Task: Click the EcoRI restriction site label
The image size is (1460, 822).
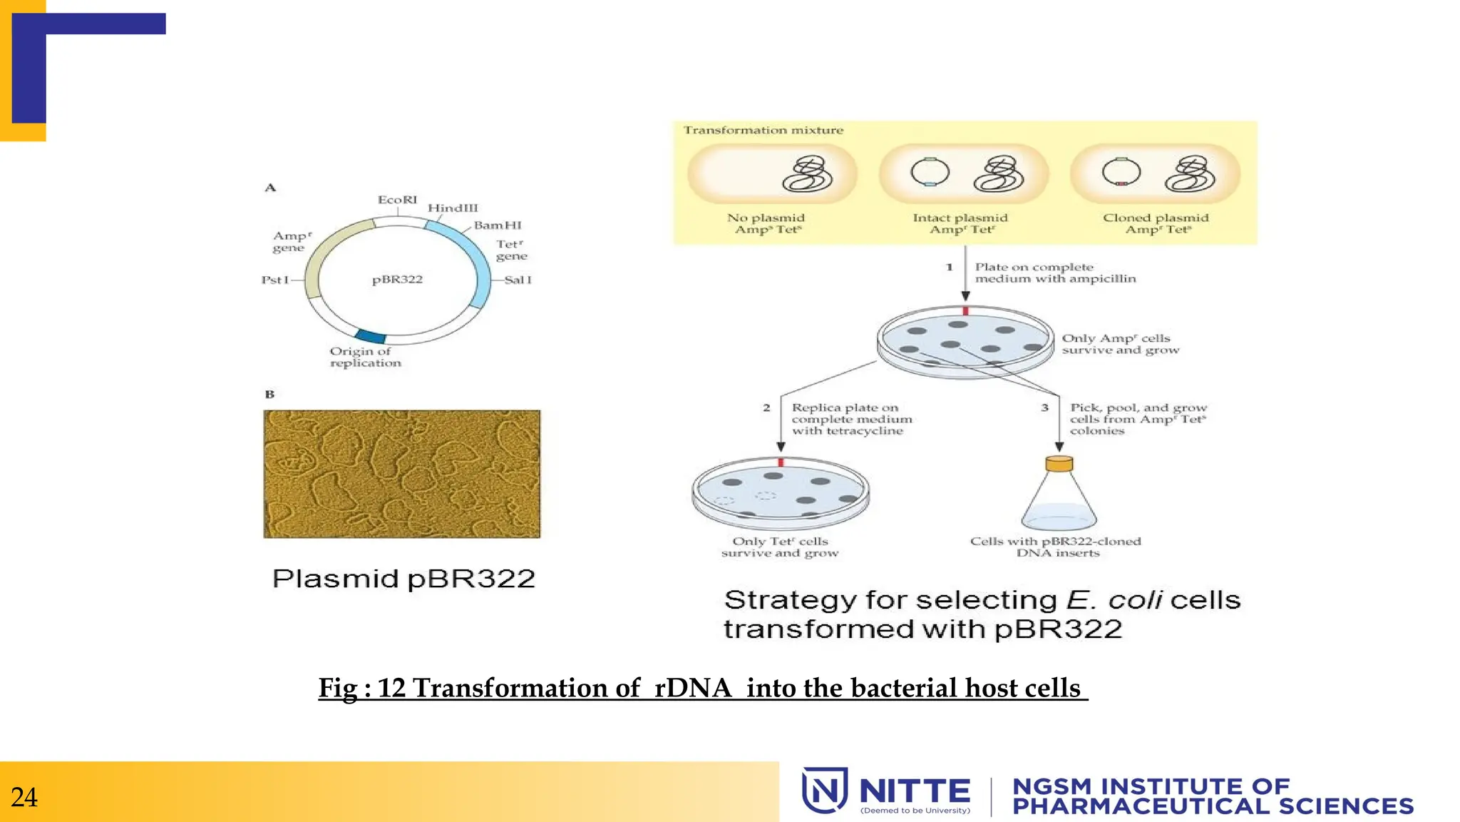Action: (397, 200)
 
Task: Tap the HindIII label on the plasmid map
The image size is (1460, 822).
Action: (453, 208)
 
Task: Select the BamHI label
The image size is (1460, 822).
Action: (498, 225)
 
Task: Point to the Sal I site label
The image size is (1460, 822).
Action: (518, 280)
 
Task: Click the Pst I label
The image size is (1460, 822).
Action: (275, 280)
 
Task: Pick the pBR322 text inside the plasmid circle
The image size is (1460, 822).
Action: (397, 279)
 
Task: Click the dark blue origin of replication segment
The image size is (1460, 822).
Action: (370, 336)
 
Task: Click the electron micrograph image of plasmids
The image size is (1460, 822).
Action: (402, 474)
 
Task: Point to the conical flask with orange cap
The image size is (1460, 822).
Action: (1059, 496)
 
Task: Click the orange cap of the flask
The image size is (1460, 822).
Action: (1059, 465)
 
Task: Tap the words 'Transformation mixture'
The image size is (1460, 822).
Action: (763, 131)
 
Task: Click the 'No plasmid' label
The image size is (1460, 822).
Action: (766, 218)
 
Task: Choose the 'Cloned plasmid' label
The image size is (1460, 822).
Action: (1156, 218)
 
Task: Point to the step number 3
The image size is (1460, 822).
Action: (1044, 407)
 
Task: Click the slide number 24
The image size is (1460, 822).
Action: (24, 797)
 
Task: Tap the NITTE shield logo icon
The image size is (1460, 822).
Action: (825, 790)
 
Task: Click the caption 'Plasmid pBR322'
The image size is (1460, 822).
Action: (403, 579)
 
